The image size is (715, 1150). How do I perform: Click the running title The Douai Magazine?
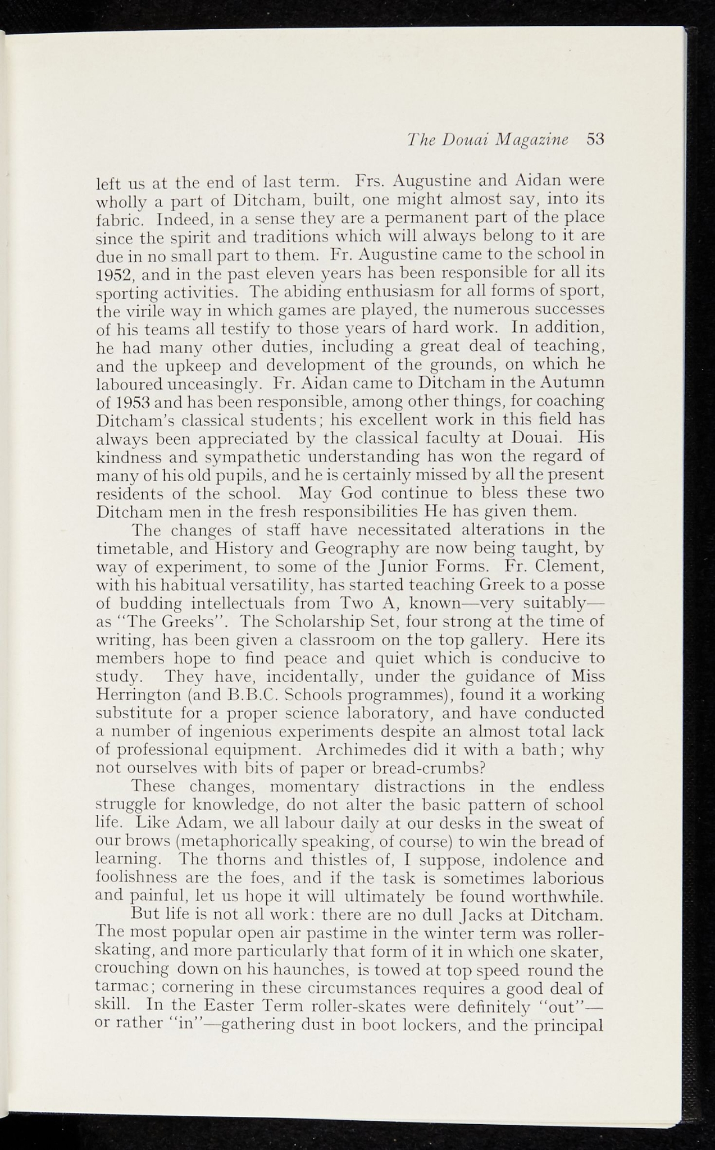pos(488,139)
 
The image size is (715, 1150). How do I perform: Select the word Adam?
pos(193,824)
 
